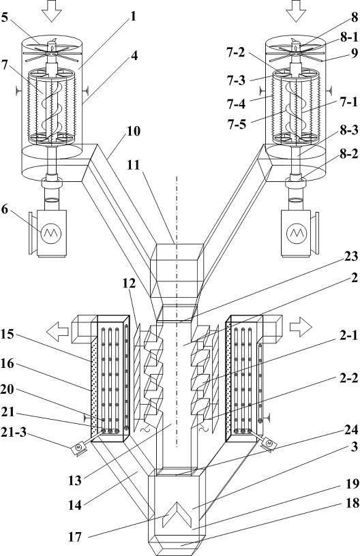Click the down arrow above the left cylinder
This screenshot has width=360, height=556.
[x=51, y=11]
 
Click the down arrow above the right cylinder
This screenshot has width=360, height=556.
[x=296, y=11]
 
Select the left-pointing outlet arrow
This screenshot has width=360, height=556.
[x=57, y=332]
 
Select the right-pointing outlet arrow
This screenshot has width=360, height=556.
[x=301, y=326]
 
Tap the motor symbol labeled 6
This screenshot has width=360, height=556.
[x=51, y=233]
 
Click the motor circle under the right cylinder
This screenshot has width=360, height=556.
[x=297, y=233]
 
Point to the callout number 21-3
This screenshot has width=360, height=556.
[x=14, y=433]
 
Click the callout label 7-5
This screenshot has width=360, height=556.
[x=237, y=125]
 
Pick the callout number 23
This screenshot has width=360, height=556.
[x=351, y=256]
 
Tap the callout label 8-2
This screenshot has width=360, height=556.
[x=348, y=154]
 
